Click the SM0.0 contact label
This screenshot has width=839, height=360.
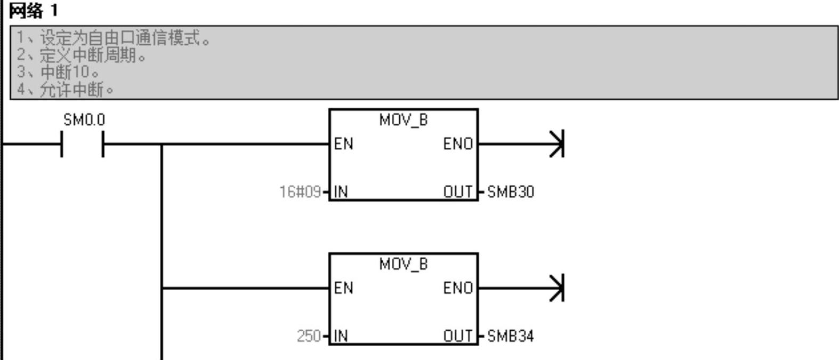(84, 121)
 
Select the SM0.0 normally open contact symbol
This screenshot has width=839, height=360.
(82, 144)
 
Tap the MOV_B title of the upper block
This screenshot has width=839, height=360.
(403, 121)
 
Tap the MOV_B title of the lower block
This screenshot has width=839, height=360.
(403, 265)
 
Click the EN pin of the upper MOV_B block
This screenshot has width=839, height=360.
(343, 144)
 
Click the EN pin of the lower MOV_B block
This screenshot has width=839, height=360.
(343, 288)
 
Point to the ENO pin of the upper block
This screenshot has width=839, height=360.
(458, 144)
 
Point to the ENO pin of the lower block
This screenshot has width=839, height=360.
(458, 288)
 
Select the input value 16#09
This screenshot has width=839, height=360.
(300, 191)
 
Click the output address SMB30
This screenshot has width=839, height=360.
(510, 191)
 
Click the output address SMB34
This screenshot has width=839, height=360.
(510, 336)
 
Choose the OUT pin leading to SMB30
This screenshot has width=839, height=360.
(458, 191)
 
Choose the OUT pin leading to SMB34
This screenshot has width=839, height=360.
(458, 336)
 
